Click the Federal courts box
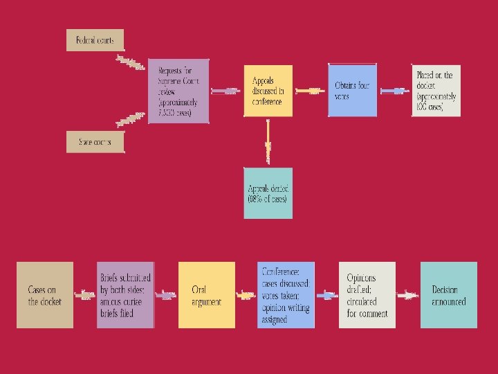tap(95, 40)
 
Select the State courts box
tap(95, 143)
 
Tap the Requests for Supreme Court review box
tap(178, 91)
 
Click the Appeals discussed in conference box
tap(268, 90)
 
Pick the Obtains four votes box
tap(352, 90)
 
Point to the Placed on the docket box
tap(434, 90)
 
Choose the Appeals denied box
tap(268, 193)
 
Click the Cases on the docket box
tap(45, 295)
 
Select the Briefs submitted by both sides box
tap(125, 295)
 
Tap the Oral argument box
tap(206, 295)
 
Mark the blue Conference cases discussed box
tap(286, 295)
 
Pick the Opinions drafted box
tap(367, 295)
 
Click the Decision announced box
tap(448, 295)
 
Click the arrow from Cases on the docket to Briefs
tap(85, 296)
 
